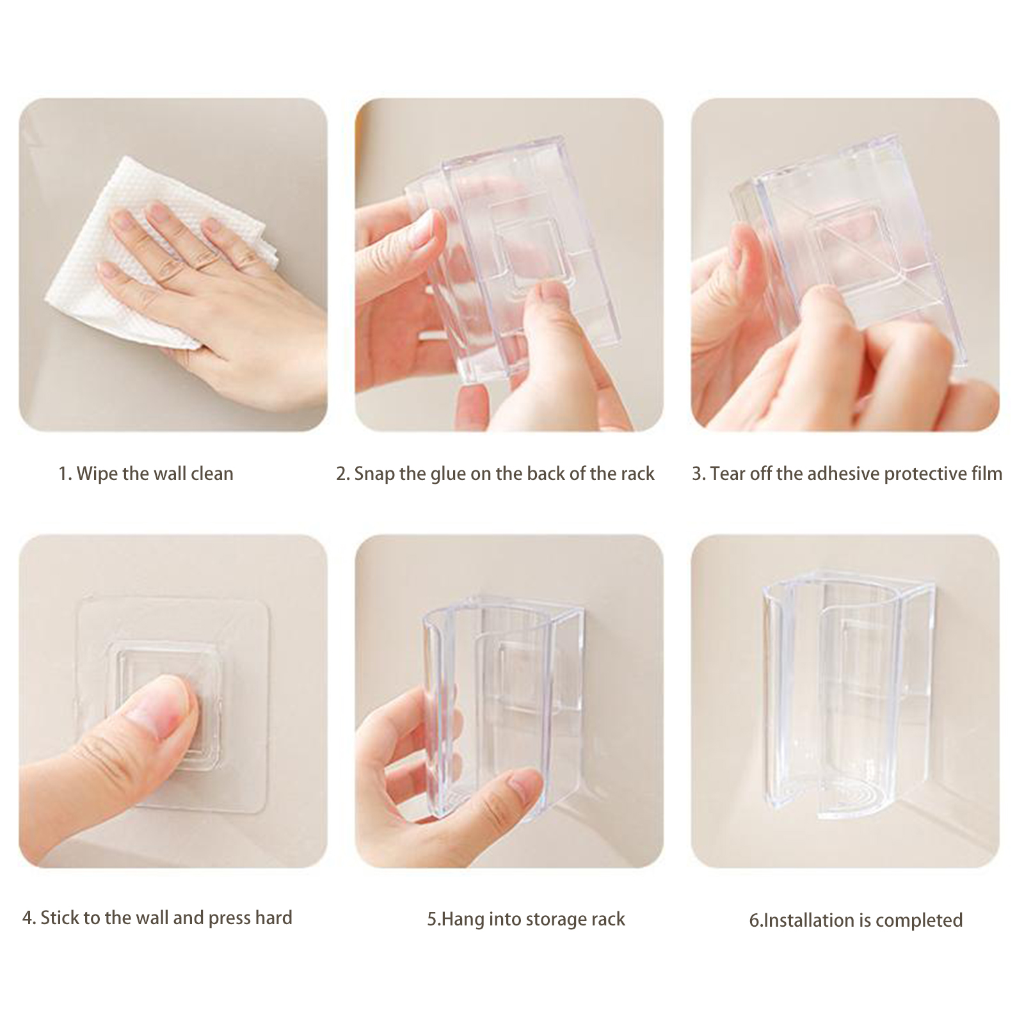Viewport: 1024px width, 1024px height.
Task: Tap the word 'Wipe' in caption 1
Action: click(97, 474)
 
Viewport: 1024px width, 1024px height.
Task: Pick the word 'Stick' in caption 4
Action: click(60, 918)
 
